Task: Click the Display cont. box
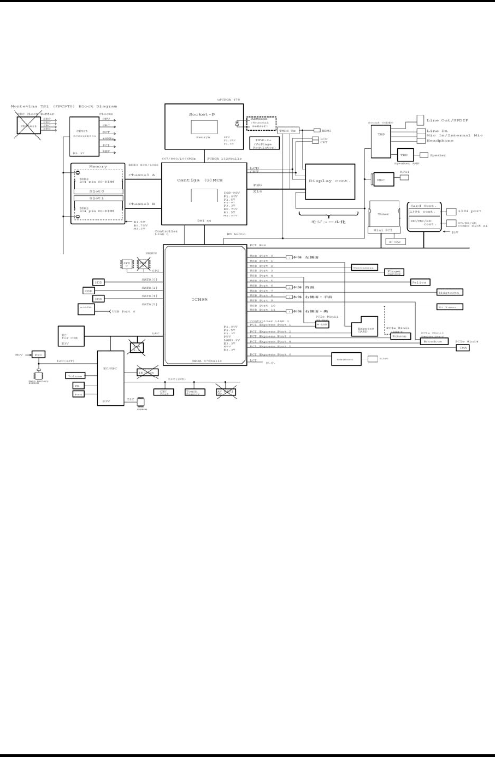[x=330, y=182]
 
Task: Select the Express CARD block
[x=364, y=328]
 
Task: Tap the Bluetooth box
[x=450, y=293]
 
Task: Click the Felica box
[x=420, y=283]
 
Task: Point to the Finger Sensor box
[x=394, y=272]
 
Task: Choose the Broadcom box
[x=434, y=341]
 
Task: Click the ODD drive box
[x=89, y=291]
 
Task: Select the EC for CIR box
[x=71, y=336]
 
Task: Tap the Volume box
[x=75, y=376]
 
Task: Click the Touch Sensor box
[x=195, y=392]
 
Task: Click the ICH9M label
[x=199, y=300]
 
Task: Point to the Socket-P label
[x=202, y=114]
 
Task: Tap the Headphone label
[x=440, y=141]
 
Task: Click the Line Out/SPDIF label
[x=447, y=120]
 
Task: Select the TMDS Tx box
[x=288, y=131]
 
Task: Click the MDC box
[x=384, y=179]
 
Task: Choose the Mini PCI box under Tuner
[x=384, y=230]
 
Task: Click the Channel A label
[x=142, y=175]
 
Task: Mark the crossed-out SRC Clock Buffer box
[x=28, y=125]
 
